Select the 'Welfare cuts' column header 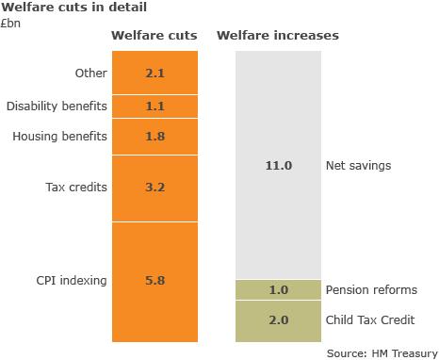coord(154,37)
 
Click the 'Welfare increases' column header coord(278,37)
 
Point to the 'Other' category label coord(90,73)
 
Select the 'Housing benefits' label coord(59,137)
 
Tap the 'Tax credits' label coord(75,188)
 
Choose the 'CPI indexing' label coord(71,280)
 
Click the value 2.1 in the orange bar coord(155,73)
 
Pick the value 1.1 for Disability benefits coord(155,106)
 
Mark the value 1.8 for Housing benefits coord(155,137)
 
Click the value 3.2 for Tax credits coord(155,188)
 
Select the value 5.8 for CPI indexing coord(155,280)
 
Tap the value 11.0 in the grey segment coord(278,166)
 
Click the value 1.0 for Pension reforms coord(278,290)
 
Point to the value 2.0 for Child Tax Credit coord(278,320)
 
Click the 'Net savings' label coord(358,166)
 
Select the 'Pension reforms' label coord(370,290)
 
